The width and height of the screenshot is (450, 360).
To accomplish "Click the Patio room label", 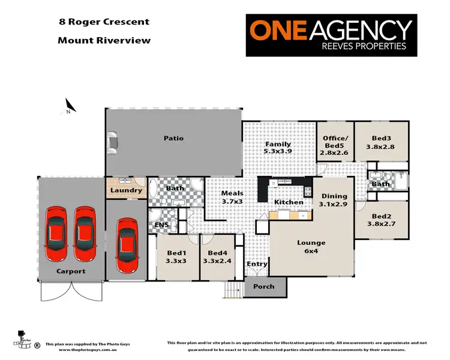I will point(173,139).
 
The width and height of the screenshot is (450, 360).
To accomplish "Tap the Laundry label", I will point(127,191).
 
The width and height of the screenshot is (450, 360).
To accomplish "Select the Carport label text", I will point(71,271).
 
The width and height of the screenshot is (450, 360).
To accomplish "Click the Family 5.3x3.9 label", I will point(278,148).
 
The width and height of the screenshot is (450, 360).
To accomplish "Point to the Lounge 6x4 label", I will point(311,247).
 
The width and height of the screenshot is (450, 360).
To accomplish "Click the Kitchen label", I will point(289,202).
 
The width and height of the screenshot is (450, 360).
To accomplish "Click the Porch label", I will point(263,287).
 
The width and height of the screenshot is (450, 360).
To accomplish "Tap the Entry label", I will point(257,264).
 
